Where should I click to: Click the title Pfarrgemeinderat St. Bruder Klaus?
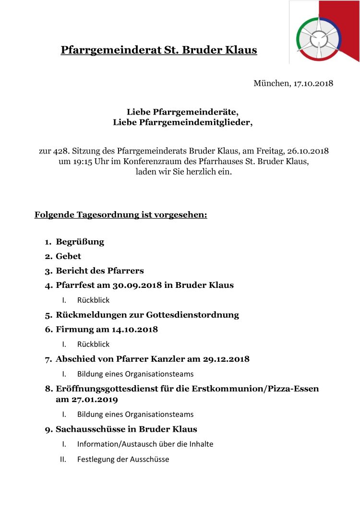(158, 50)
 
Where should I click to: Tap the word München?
(271, 83)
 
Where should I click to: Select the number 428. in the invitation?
(61, 151)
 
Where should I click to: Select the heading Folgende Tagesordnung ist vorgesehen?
(120, 214)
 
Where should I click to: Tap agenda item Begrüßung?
(80, 242)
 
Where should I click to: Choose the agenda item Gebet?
(68, 256)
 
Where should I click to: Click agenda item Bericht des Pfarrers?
(99, 271)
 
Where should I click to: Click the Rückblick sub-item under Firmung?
(93, 344)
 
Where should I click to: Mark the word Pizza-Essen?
(292, 389)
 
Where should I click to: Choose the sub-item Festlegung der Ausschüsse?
(123, 459)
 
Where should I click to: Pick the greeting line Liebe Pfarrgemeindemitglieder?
(182, 122)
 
